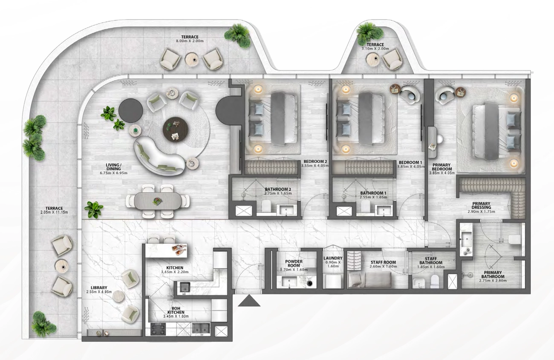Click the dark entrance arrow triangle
[249, 301]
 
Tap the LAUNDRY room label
[333, 258]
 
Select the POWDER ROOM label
[294, 263]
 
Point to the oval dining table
[158, 201]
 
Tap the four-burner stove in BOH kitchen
[158, 329]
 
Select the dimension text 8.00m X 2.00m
[190, 41]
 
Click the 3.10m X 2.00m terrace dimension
[375, 49]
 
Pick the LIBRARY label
[99, 288]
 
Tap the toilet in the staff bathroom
[435, 282]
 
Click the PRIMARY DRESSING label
[481, 205]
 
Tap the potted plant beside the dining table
[94, 210]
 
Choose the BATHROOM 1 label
[373, 193]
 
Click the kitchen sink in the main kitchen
[185, 287]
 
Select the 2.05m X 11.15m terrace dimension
[54, 212]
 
